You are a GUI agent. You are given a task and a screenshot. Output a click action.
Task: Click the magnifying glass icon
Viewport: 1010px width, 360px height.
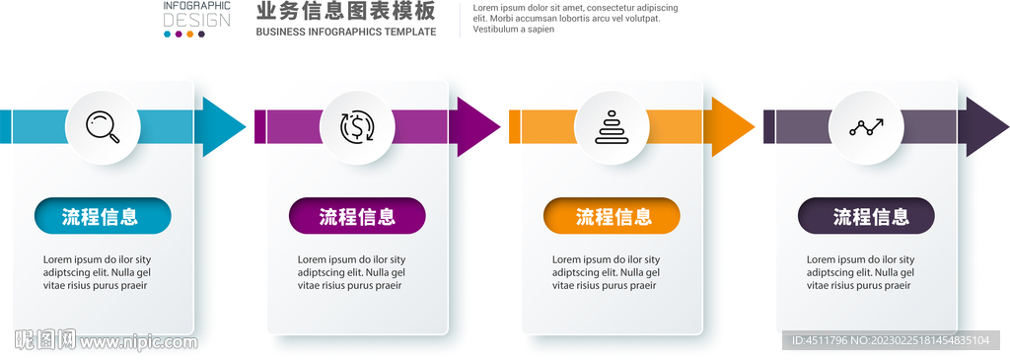103,127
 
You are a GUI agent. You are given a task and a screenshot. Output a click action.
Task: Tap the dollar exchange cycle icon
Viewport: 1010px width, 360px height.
357,127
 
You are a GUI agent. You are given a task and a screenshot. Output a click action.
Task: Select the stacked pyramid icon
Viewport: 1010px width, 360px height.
612,127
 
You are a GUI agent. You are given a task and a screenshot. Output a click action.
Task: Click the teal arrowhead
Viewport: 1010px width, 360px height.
224,126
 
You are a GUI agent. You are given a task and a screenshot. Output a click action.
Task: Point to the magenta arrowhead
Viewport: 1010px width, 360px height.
478,126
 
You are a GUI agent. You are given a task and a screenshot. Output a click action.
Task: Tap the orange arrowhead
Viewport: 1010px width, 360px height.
733,126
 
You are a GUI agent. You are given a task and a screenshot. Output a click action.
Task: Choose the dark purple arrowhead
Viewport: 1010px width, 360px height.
987,126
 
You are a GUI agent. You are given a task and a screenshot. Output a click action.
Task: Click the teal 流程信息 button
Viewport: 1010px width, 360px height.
103,216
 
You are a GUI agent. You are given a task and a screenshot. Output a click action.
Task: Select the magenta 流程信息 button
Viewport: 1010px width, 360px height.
357,216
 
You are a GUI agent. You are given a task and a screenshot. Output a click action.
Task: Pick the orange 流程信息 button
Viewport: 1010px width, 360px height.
612,216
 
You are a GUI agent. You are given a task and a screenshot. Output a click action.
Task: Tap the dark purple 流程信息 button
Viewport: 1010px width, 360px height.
866,216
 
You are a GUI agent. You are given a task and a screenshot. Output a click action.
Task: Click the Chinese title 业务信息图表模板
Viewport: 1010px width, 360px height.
345,12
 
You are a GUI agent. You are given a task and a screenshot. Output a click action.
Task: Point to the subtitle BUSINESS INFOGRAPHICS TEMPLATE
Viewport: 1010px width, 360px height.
345,33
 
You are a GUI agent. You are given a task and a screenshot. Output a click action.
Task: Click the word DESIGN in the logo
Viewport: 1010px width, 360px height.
196,20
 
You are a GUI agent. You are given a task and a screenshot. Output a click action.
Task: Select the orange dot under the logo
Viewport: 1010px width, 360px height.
190,35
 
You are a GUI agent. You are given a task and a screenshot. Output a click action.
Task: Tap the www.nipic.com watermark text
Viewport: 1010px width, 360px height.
138,342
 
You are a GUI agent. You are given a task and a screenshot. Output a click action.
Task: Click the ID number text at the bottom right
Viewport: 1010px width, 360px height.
891,340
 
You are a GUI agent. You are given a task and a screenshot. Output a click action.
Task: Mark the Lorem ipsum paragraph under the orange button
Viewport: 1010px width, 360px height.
605,272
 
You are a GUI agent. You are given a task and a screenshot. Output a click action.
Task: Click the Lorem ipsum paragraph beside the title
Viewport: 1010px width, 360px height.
575,18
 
